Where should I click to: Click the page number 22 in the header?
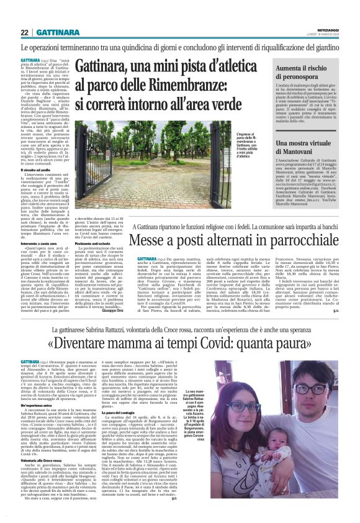[25, 32]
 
